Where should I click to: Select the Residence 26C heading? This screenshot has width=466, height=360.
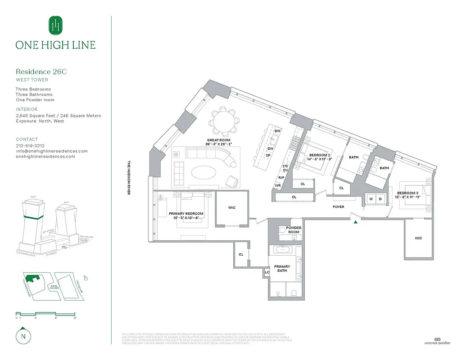click(x=41, y=72)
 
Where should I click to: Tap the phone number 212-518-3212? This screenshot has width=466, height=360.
click(x=30, y=146)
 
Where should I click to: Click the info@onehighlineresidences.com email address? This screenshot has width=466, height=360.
click(x=51, y=151)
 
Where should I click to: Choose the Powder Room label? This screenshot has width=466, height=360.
click(x=294, y=229)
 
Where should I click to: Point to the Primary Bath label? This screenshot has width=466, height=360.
click(x=283, y=269)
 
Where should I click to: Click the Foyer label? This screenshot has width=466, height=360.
click(x=338, y=207)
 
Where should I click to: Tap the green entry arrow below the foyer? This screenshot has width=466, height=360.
click(x=356, y=222)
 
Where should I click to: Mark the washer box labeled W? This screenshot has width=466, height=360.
click(x=371, y=198)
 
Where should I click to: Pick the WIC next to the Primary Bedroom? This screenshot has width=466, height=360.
click(x=231, y=207)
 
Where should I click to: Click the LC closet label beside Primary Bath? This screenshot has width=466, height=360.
click(x=267, y=272)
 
